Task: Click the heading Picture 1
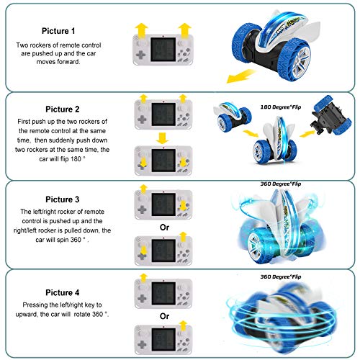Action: (x=58, y=31)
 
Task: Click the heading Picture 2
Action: (x=63, y=109)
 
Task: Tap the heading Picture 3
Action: (x=63, y=199)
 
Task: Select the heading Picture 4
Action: (x=63, y=292)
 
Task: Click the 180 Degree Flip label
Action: (x=281, y=107)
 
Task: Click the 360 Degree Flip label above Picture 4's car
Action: (x=281, y=276)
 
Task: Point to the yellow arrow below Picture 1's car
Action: (x=240, y=76)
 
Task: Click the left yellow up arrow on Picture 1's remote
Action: (x=142, y=30)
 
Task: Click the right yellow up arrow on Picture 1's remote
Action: (x=184, y=30)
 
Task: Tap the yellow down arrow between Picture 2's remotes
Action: (x=162, y=138)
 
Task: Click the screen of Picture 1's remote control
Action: (x=163, y=50)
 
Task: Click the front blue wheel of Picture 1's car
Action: (x=295, y=61)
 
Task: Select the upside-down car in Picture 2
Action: (x=331, y=114)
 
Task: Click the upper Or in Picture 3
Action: (x=164, y=228)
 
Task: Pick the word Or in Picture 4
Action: (x=164, y=316)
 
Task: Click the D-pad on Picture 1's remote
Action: (x=141, y=55)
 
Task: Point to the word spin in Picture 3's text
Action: (x=63, y=240)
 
